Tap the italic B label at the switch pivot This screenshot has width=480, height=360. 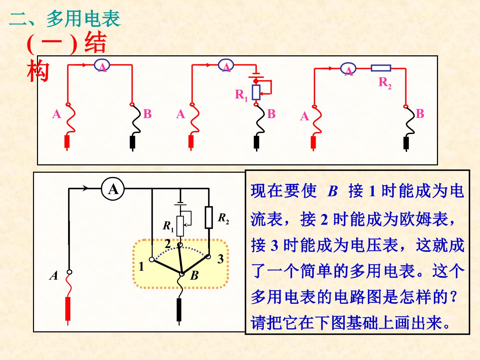click(x=194, y=275)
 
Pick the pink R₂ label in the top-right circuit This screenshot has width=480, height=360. click(x=385, y=83)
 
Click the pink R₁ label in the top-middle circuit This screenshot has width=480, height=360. click(x=241, y=95)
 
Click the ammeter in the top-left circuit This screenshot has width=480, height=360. click(x=102, y=65)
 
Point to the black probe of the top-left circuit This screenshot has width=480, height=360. click(x=133, y=143)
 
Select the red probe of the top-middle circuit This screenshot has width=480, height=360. click(x=191, y=143)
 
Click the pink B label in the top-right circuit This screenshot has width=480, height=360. click(x=420, y=114)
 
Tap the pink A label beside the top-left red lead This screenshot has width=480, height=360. click(x=57, y=114)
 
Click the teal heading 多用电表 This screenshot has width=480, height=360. click(x=84, y=19)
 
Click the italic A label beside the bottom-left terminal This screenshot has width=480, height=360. click(x=54, y=275)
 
